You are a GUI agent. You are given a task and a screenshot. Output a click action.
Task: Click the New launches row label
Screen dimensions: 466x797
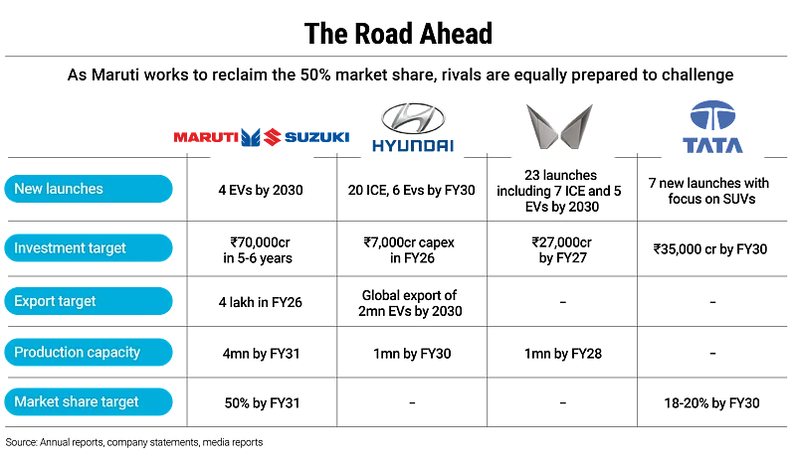(x=89, y=189)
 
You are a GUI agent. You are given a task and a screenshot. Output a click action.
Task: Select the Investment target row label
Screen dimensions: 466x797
(x=89, y=247)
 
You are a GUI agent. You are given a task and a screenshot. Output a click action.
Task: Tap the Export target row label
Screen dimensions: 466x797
(x=89, y=301)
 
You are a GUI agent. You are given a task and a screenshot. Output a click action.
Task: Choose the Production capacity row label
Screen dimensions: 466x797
(x=89, y=352)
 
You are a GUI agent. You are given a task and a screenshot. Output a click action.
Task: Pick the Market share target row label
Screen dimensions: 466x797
(x=89, y=402)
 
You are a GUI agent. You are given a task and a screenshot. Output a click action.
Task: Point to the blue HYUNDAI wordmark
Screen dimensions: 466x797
(x=413, y=146)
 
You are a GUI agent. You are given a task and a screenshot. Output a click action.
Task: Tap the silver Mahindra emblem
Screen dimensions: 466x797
(x=561, y=126)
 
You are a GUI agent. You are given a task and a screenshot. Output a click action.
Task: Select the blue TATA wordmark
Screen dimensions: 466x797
(x=714, y=145)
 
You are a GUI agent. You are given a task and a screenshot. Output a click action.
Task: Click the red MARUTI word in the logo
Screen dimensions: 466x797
(x=206, y=137)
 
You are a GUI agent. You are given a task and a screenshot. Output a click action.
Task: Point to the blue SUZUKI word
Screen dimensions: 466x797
(x=317, y=137)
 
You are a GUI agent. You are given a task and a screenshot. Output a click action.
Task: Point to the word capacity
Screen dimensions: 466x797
(x=114, y=353)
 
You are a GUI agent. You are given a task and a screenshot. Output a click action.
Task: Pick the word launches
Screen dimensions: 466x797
(x=76, y=189)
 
